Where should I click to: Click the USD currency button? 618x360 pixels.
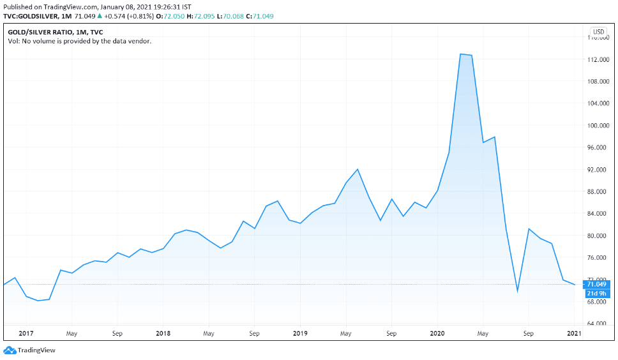(x=598, y=32)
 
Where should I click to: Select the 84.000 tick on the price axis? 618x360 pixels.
(x=598, y=214)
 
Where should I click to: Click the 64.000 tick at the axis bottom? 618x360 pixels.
(x=598, y=324)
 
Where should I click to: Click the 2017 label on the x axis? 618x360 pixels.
(x=26, y=333)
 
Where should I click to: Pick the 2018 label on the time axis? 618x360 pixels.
(x=163, y=333)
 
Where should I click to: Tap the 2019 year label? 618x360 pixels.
(x=301, y=333)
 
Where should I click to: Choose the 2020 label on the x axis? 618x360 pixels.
(x=438, y=333)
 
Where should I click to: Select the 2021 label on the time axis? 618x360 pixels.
(x=574, y=333)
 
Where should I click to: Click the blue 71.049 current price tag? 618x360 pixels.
(x=598, y=285)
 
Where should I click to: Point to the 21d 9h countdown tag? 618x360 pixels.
(x=598, y=293)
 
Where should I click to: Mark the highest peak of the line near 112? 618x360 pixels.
(x=461, y=54)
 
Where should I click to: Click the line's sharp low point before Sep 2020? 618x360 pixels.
(x=517, y=292)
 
